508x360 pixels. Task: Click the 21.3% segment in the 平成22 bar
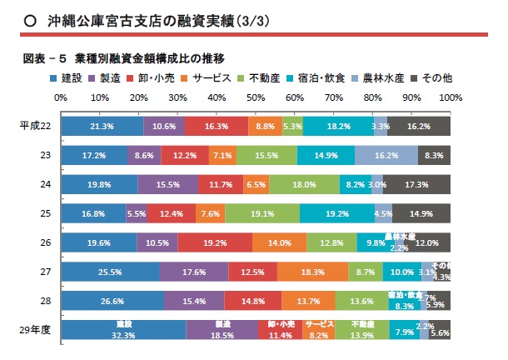click(x=102, y=126)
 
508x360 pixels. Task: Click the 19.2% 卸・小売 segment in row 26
click(x=215, y=242)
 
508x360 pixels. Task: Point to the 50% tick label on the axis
click(x=255, y=97)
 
